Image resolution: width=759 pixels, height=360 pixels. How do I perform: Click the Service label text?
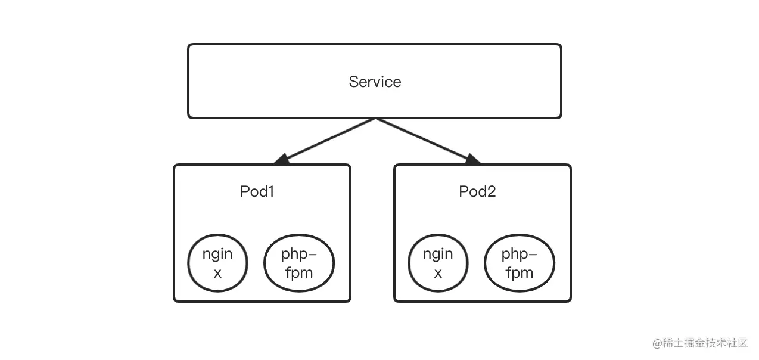click(375, 82)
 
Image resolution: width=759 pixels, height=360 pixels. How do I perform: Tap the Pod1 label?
click(257, 191)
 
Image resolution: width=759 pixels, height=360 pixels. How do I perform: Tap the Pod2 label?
click(477, 191)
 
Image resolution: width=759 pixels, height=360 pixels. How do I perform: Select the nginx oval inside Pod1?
click(217, 263)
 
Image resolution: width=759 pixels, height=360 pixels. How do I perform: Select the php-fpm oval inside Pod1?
click(298, 263)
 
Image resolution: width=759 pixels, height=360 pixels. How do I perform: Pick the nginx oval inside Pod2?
click(438, 263)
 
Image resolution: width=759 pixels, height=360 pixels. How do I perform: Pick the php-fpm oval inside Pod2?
click(519, 263)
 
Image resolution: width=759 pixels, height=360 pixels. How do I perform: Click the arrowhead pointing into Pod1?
click(281, 159)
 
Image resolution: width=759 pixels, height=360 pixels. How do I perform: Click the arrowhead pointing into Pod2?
click(473, 159)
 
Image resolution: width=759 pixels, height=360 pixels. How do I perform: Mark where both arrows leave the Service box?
click(375, 119)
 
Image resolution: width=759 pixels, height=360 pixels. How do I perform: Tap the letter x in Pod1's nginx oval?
click(217, 273)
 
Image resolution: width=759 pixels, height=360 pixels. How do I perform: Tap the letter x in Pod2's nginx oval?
click(438, 273)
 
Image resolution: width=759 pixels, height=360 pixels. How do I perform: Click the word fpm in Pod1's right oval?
click(298, 273)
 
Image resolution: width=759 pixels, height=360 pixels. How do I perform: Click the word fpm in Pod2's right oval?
click(519, 273)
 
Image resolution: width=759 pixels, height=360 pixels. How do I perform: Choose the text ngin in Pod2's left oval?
click(438, 254)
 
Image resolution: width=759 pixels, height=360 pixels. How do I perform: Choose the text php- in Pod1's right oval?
click(298, 254)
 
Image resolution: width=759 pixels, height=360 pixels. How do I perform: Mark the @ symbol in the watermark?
click(657, 343)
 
